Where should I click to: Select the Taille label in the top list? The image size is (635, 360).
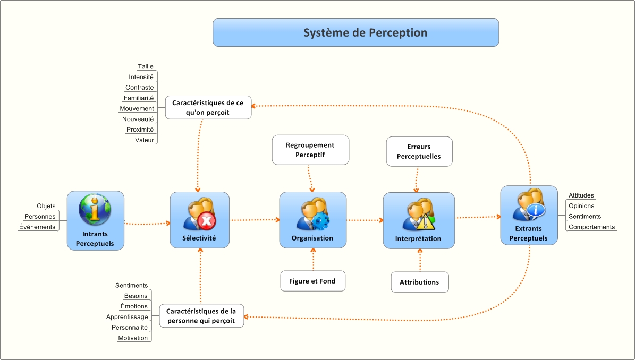(x=146, y=67)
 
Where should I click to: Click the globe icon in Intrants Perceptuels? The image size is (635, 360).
(x=95, y=209)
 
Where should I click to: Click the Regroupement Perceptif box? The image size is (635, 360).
(x=310, y=150)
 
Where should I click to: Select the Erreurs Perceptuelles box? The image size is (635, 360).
(x=419, y=151)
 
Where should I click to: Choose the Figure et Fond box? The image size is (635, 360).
(x=312, y=281)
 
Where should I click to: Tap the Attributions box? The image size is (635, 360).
(x=419, y=282)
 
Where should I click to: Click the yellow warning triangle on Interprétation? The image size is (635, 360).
(x=425, y=221)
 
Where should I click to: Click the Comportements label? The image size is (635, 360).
(x=591, y=227)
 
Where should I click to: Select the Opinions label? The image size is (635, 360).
(x=581, y=206)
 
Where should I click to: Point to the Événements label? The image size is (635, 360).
(x=38, y=227)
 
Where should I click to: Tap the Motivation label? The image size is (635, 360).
(x=133, y=338)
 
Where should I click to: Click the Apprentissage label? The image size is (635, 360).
(x=127, y=317)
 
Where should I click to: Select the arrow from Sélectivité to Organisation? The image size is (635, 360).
(x=255, y=219)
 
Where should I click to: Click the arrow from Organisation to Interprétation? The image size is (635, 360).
(x=365, y=220)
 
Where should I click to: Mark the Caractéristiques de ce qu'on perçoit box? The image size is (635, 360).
(x=208, y=107)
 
